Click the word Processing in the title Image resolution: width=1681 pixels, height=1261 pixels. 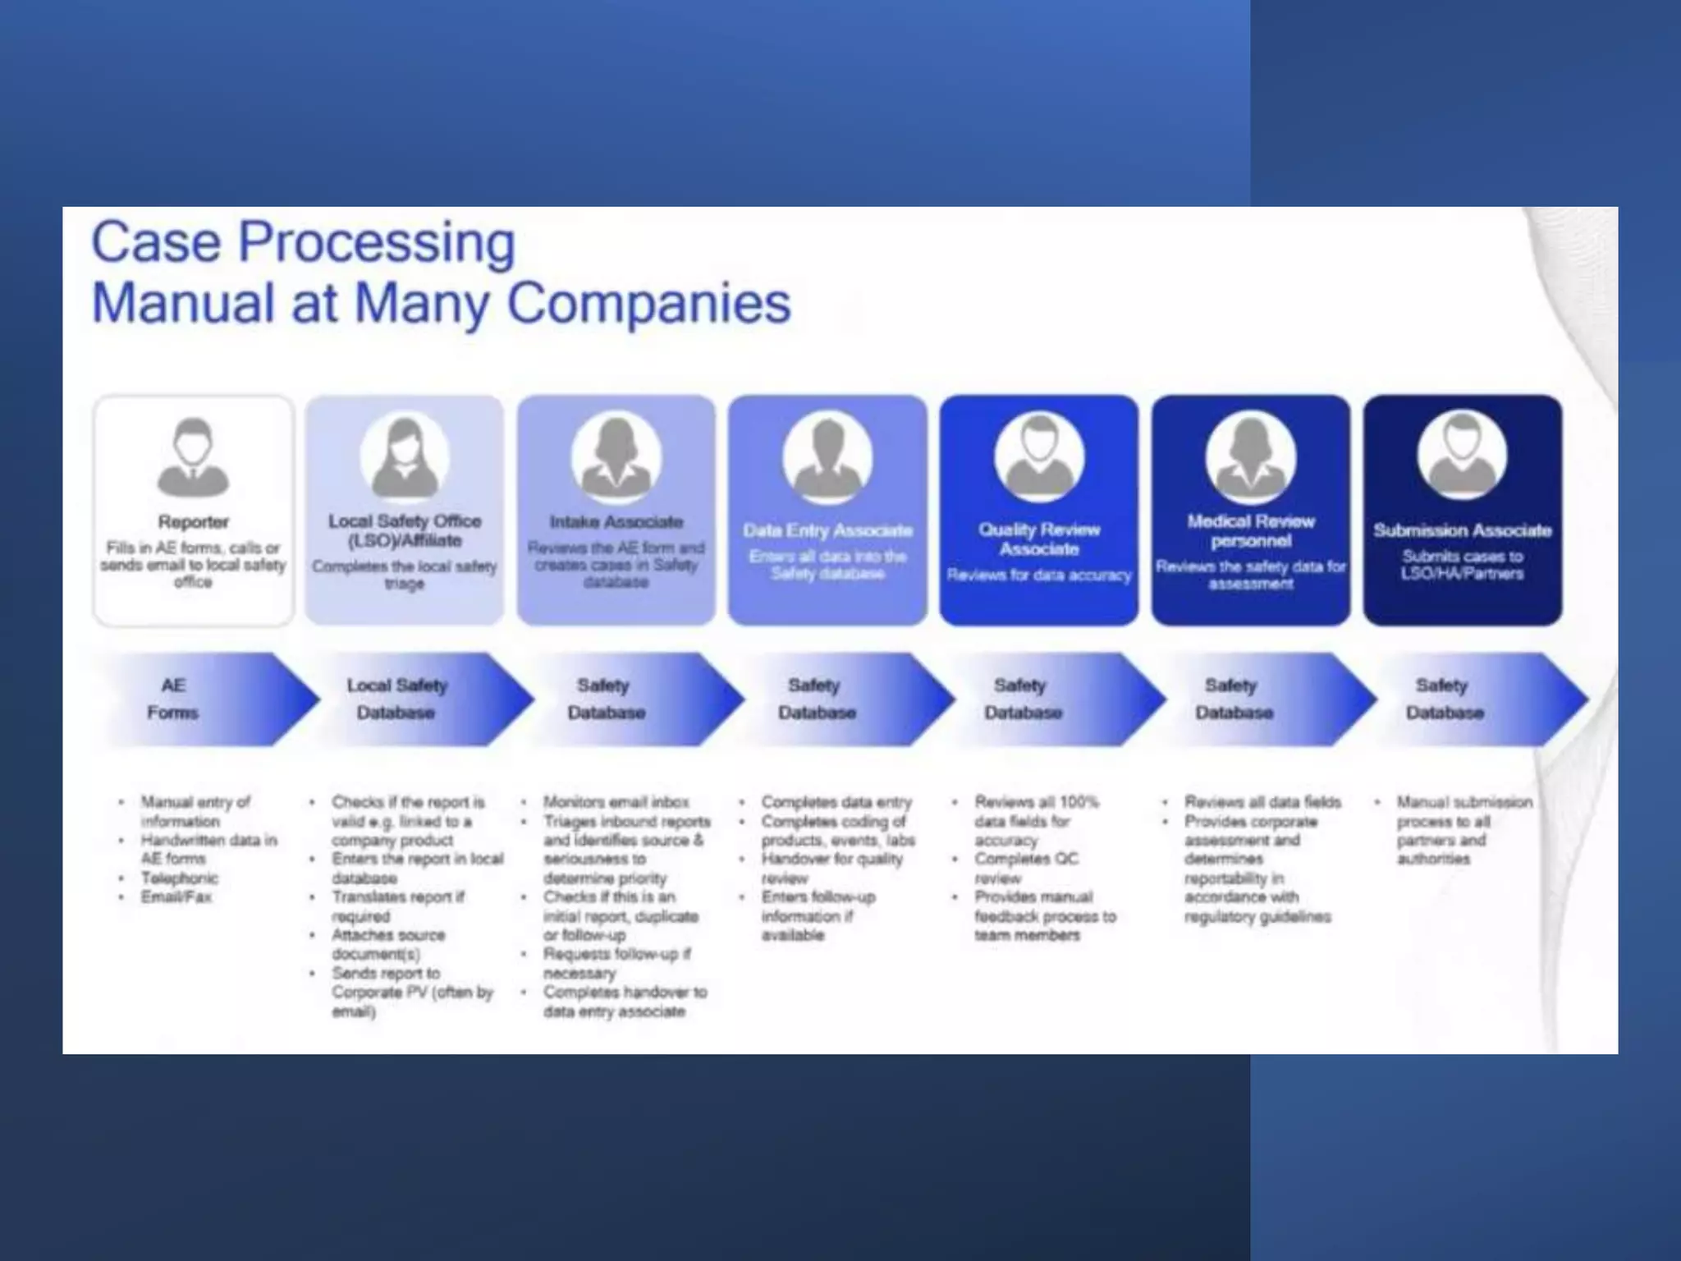tap(377, 244)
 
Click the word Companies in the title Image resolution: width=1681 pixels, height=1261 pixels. tap(648, 303)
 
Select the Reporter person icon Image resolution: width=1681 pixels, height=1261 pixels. tap(193, 457)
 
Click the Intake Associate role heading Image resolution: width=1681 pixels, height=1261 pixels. tap(616, 522)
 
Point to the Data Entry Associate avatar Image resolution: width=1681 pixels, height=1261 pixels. tap(827, 456)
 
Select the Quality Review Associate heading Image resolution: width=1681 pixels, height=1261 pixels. tap(1038, 539)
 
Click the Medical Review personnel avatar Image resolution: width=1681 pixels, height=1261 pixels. tap(1250, 456)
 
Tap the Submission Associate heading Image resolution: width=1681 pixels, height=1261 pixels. tap(1463, 530)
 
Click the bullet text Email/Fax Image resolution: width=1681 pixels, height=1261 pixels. tap(176, 897)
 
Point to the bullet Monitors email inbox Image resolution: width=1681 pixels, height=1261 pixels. tap(616, 802)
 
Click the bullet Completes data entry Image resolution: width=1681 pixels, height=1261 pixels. tap(836, 802)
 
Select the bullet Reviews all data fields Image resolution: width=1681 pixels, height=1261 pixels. tap(1262, 802)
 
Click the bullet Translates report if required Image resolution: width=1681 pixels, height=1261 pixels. tap(397, 906)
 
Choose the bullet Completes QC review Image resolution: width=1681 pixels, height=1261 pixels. tap(1026, 868)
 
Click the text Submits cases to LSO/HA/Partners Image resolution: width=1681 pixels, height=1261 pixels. tap(1462, 565)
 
